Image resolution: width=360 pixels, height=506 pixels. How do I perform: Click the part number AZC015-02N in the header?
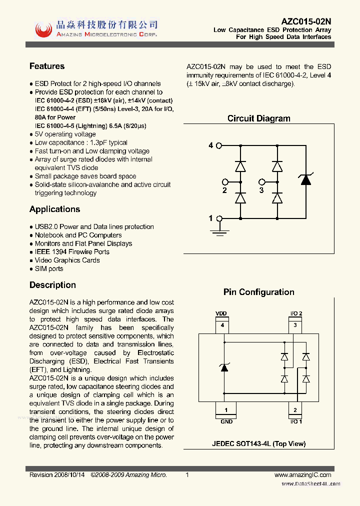[306, 21]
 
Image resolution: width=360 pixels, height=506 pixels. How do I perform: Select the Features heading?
[47, 66]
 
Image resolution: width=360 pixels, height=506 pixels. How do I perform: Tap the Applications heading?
[54, 209]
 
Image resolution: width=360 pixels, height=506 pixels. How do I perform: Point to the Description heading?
[52, 285]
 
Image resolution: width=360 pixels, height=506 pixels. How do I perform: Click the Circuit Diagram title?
[258, 119]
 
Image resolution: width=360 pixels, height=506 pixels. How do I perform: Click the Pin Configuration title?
[258, 292]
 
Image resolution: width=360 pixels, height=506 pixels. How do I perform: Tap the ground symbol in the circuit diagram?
[218, 230]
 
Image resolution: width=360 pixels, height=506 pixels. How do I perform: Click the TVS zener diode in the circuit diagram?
[305, 179]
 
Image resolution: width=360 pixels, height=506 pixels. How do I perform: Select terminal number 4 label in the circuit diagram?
[211, 145]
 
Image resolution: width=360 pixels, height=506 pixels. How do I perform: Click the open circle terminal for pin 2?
[225, 182]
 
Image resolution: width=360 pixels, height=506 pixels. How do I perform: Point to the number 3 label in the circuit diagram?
[261, 190]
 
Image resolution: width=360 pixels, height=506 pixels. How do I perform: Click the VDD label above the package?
[221, 313]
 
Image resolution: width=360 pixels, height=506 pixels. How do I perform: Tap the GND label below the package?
[226, 422]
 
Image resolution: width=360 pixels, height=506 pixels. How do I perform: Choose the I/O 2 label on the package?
[296, 313]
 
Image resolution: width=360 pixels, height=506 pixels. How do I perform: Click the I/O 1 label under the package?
[296, 422]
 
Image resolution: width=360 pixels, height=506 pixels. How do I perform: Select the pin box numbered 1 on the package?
[226, 410]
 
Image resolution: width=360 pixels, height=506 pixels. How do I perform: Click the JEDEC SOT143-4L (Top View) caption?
[258, 443]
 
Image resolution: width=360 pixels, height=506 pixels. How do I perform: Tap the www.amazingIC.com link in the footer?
[303, 475]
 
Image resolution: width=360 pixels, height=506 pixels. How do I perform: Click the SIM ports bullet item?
[49, 269]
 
